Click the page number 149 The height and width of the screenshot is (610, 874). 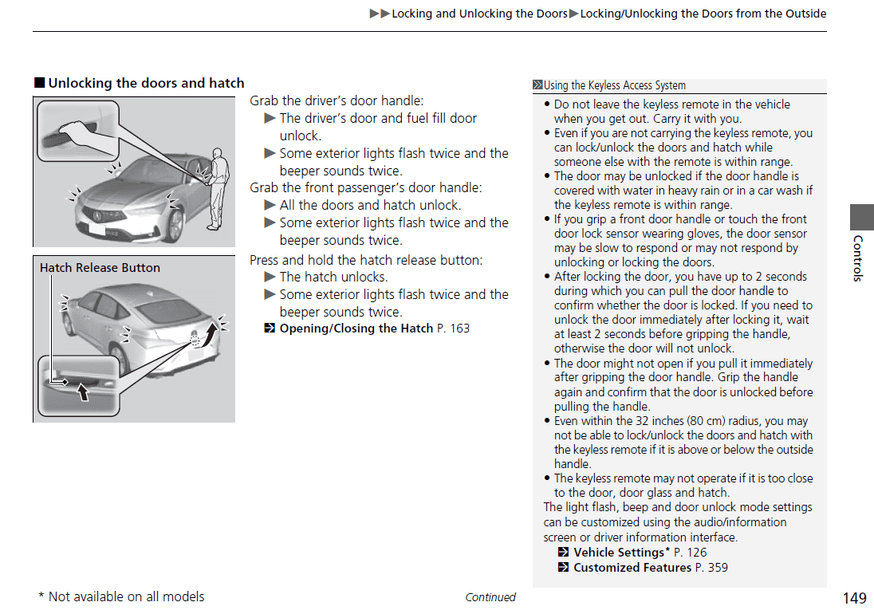click(x=854, y=597)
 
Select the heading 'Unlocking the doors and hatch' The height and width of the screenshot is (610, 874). click(x=146, y=83)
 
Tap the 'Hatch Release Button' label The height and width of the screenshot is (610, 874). click(x=100, y=268)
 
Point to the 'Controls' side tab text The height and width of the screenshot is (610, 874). click(x=858, y=258)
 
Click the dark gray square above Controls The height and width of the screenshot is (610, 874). click(x=861, y=217)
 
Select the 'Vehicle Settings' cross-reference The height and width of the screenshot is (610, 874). click(x=619, y=552)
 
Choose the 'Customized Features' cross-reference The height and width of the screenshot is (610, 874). click(x=632, y=568)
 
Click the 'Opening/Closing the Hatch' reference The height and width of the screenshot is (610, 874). click(x=356, y=329)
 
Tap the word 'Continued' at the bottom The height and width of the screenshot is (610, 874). click(x=490, y=597)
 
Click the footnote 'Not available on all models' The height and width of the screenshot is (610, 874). click(x=126, y=596)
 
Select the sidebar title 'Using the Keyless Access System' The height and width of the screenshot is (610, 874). click(x=614, y=85)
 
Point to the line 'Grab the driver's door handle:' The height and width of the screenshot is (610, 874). click(x=337, y=100)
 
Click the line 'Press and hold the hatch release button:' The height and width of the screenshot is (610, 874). click(x=366, y=260)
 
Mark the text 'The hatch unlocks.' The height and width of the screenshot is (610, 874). click(x=333, y=277)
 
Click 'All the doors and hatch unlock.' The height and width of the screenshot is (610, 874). click(x=370, y=205)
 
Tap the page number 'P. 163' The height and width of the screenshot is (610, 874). click(x=454, y=329)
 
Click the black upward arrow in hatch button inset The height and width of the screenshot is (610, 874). click(x=82, y=392)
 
